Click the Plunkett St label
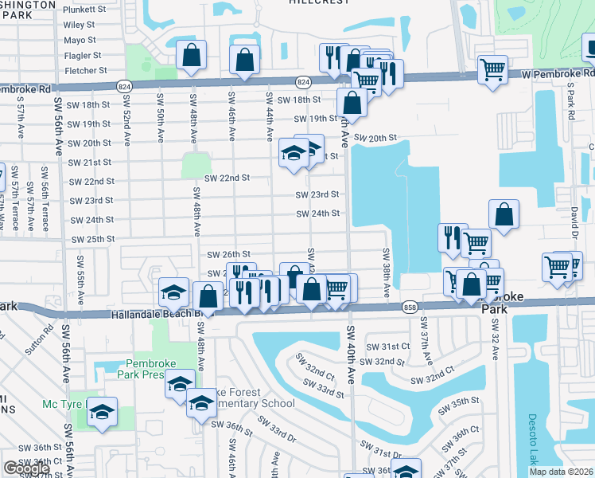pyautogui.click(x=84, y=10)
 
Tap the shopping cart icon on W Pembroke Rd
pyautogui.click(x=493, y=69)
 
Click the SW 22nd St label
pyautogui.click(x=227, y=178)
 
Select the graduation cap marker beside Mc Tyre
pyautogui.click(x=102, y=412)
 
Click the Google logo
pyautogui.click(x=26, y=468)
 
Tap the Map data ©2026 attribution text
pyautogui.click(x=561, y=472)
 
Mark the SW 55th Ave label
pyautogui.click(x=81, y=272)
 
